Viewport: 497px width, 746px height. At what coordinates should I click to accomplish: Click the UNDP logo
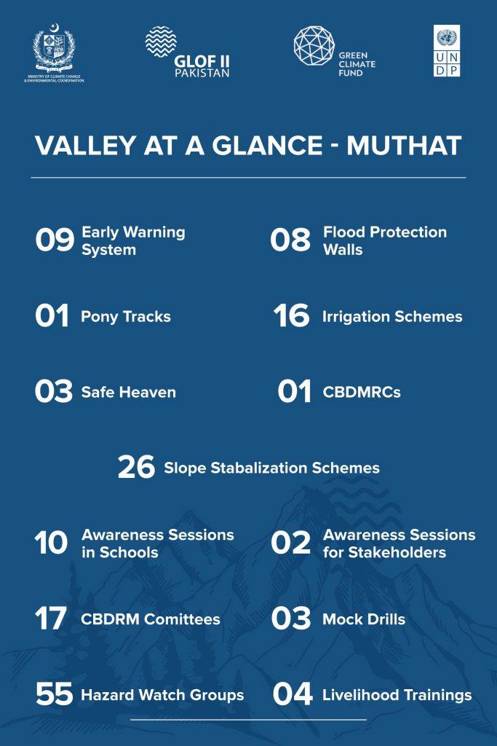click(447, 51)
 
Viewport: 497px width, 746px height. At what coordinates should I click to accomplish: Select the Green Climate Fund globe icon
click(314, 46)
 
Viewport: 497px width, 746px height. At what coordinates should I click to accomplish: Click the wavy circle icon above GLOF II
click(161, 42)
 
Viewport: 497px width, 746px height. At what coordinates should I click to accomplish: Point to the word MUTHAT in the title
click(404, 146)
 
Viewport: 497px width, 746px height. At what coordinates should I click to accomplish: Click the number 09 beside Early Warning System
click(55, 239)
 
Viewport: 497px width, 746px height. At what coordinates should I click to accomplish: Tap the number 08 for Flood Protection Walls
click(290, 239)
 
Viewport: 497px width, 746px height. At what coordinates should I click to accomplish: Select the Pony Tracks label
click(126, 317)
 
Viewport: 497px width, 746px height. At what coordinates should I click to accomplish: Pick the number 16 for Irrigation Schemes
click(291, 315)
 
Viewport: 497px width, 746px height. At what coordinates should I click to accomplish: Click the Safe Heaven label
click(129, 393)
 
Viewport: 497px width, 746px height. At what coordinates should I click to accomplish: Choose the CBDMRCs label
click(362, 393)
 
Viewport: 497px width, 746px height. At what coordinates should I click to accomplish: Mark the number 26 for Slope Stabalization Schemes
click(136, 467)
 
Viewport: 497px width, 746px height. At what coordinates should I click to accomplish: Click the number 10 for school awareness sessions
click(51, 542)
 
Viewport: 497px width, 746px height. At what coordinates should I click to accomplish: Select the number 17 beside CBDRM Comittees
click(50, 618)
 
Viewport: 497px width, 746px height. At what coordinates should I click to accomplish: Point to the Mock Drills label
click(364, 619)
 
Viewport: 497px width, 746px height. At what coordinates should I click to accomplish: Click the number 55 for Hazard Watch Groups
click(54, 694)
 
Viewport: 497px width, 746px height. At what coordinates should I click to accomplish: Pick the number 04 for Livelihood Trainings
click(293, 694)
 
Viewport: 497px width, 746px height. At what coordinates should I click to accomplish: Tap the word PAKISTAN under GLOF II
click(202, 74)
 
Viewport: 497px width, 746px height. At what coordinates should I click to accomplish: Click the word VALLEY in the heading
click(86, 146)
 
